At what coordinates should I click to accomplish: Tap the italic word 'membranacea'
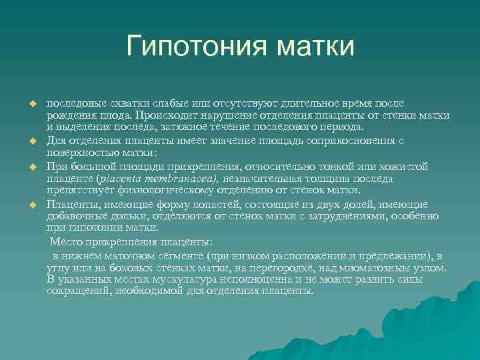point(184,179)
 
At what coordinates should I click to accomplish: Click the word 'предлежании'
point(400,256)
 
